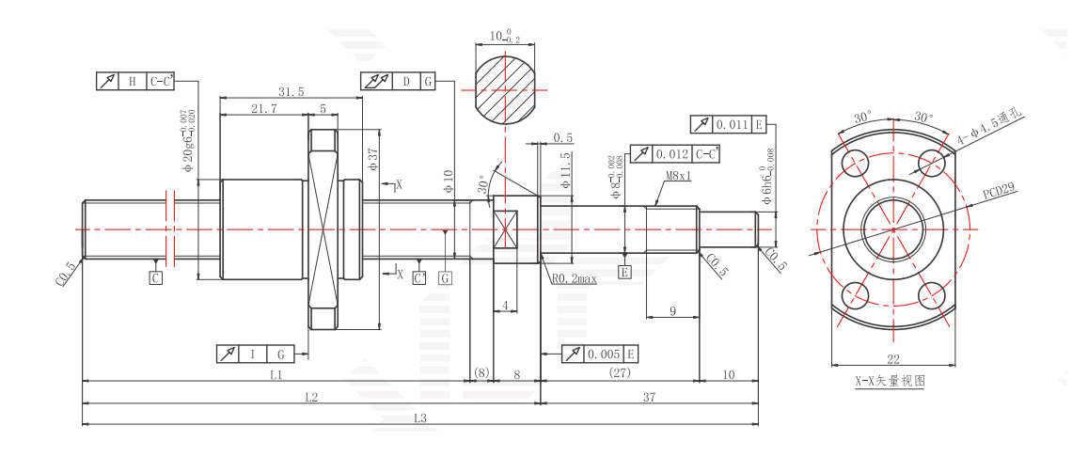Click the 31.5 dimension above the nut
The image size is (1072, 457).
pyautogui.click(x=292, y=92)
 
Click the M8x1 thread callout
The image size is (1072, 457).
pyautogui.click(x=678, y=175)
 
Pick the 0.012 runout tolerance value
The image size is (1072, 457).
pyautogui.click(x=671, y=154)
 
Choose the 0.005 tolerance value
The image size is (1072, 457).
pyautogui.click(x=604, y=354)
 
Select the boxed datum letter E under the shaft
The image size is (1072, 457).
pyautogui.click(x=624, y=273)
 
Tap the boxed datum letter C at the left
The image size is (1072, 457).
pyautogui.click(x=156, y=277)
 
